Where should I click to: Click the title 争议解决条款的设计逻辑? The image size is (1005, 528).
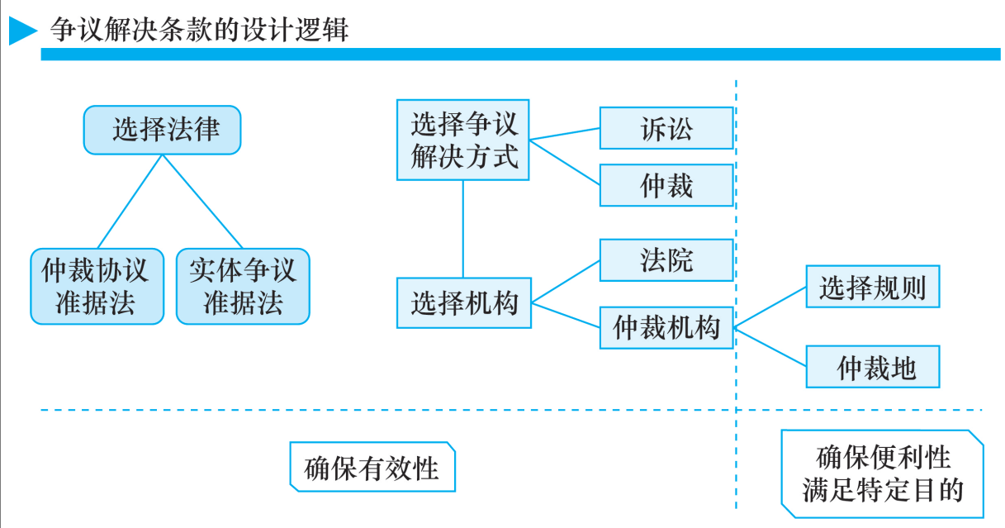(199, 31)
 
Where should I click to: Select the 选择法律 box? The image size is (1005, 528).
(163, 130)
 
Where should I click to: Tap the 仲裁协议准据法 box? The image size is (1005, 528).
(97, 286)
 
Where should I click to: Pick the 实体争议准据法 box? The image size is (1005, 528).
(243, 286)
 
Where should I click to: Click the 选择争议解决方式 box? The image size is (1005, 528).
(463, 140)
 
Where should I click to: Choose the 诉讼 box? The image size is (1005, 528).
(666, 128)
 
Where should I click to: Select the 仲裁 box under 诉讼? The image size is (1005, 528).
(666, 185)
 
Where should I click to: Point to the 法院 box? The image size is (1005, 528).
(666, 260)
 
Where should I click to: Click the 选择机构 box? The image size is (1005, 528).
(463, 303)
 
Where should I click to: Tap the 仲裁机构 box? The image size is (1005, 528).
(666, 327)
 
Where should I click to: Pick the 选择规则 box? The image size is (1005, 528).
(873, 287)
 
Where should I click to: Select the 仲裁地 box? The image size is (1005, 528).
(873, 367)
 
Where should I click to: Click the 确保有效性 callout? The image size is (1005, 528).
(372, 468)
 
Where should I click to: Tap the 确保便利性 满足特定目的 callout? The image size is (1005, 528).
(882, 473)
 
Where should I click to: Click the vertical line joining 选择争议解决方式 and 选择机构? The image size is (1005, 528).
(463, 229)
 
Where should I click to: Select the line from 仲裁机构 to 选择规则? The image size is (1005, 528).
(770, 307)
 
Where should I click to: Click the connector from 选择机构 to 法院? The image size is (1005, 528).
(566, 281)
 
